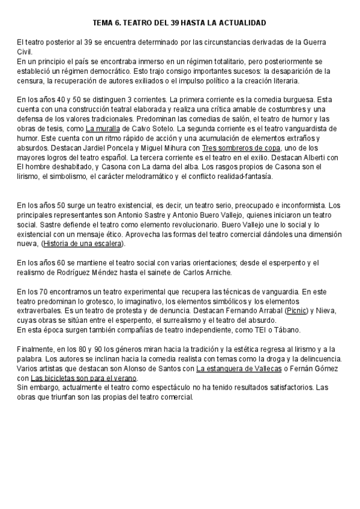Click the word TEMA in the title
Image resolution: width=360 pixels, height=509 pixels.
pos(104,22)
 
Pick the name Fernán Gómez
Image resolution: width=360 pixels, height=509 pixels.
pos(321,369)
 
